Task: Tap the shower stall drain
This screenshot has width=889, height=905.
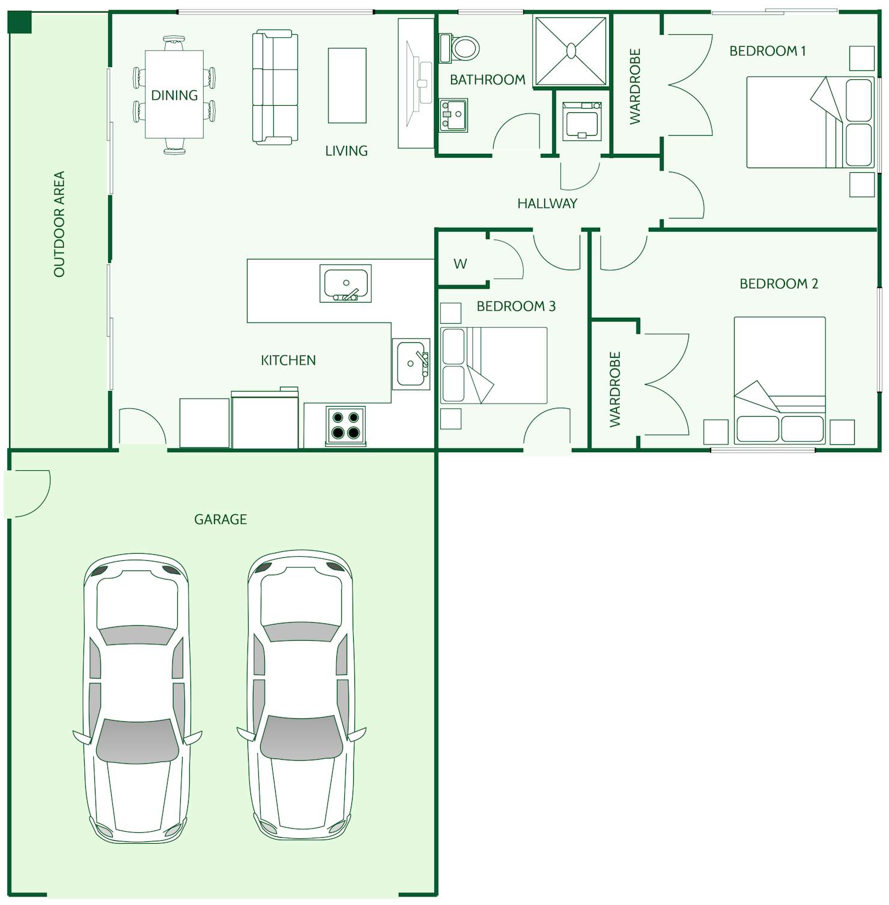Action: click(x=571, y=50)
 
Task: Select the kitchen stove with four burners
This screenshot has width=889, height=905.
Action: click(x=345, y=425)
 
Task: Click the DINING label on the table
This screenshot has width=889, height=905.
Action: click(x=174, y=95)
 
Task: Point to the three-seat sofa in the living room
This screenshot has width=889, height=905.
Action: click(x=275, y=88)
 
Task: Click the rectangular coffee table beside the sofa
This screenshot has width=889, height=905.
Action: click(x=347, y=85)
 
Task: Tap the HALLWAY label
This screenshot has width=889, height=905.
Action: click(x=547, y=204)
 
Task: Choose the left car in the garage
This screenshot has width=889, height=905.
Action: click(x=138, y=697)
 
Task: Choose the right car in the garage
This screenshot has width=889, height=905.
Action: click(x=301, y=694)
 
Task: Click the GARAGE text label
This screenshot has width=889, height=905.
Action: click(x=220, y=519)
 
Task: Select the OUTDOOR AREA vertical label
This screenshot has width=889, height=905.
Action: click(x=59, y=224)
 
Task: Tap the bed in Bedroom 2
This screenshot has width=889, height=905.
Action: click(x=780, y=380)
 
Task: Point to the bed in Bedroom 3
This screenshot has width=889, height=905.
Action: click(x=494, y=365)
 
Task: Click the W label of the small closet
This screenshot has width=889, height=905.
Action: click(x=460, y=264)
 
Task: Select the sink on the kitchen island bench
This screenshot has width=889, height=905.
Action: click(x=345, y=283)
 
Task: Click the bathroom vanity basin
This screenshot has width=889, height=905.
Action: click(x=454, y=115)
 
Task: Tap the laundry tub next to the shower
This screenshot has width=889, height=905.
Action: click(x=581, y=121)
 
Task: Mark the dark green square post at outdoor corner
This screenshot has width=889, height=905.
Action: click(x=19, y=22)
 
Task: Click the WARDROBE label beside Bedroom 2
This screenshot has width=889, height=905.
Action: click(x=614, y=389)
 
